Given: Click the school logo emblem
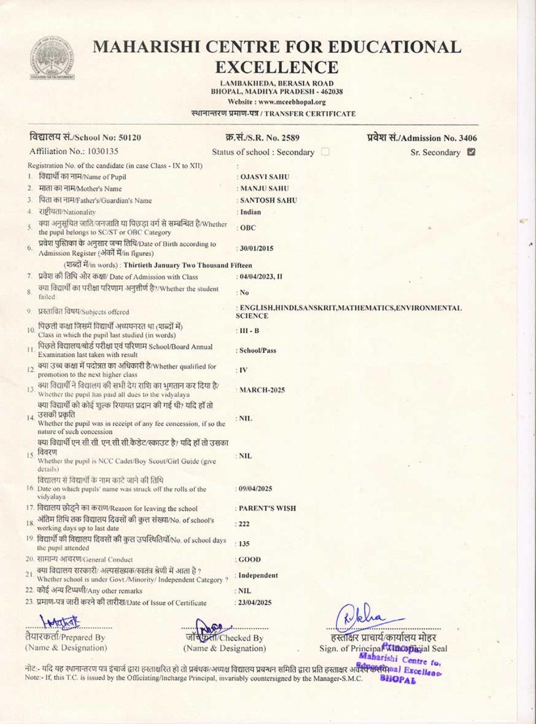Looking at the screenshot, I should click(x=52, y=58).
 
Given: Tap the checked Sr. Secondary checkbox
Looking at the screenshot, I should click(x=471, y=152).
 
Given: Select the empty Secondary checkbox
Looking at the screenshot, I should click(x=325, y=152).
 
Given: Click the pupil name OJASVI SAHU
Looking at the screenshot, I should click(x=264, y=176).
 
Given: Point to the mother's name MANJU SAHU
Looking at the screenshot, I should click(x=264, y=188).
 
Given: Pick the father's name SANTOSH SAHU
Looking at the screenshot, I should click(x=268, y=200).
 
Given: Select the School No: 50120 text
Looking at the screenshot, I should click(x=85, y=137).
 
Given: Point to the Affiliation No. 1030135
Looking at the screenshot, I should click(x=74, y=151).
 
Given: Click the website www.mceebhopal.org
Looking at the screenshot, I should click(x=291, y=102).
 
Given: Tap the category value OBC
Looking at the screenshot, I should click(x=248, y=228).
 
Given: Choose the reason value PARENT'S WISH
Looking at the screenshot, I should click(x=267, y=508).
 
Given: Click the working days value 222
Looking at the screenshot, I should click(x=244, y=524).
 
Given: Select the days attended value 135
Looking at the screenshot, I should click(x=244, y=544).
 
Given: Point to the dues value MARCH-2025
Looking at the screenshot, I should click(x=262, y=390).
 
